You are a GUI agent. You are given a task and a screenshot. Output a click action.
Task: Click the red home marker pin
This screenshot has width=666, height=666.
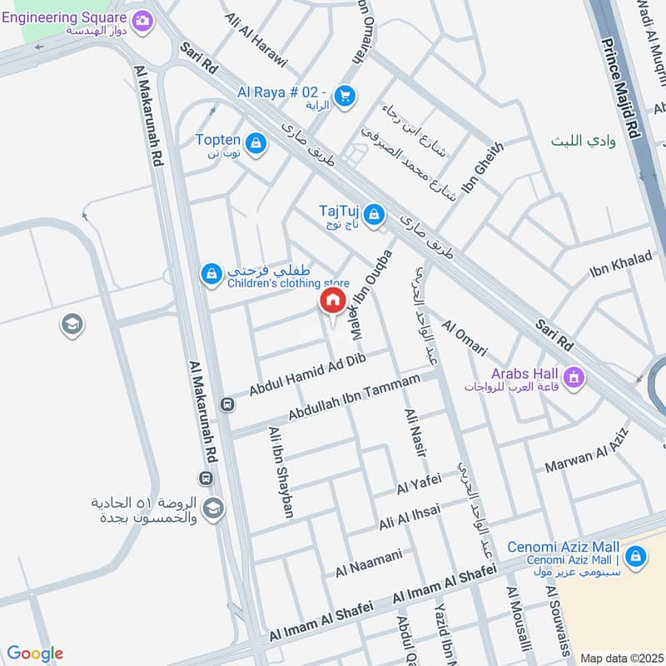pos(332,301)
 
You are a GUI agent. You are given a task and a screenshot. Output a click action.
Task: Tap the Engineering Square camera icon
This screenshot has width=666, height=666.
pos(142,19)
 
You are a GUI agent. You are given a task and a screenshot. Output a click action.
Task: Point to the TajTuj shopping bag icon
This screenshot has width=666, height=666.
pos(375,215)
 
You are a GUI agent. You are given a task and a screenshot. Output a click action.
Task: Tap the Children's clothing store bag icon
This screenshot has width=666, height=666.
pos(212,272)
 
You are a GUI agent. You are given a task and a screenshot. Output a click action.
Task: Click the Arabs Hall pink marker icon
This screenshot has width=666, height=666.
pos(573,378)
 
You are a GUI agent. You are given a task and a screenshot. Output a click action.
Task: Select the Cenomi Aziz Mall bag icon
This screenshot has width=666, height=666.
pos(635,556)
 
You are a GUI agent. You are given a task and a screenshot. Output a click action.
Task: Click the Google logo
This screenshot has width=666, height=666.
pos(35,654)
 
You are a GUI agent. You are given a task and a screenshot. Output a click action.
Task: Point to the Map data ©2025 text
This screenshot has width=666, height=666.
pos(621,658)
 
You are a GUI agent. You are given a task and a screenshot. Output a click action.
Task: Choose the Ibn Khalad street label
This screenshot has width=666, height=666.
pos(620,264)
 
